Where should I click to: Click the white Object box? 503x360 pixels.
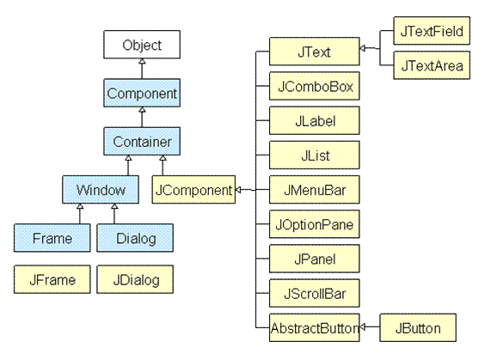click(x=142, y=45)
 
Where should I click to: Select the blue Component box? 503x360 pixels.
click(x=142, y=93)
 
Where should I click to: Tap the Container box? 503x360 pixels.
click(x=142, y=142)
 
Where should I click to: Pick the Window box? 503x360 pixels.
click(x=101, y=190)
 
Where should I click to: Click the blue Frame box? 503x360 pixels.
click(x=52, y=238)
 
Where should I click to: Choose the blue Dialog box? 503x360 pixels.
click(x=135, y=238)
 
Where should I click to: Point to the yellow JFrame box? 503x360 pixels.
click(x=52, y=279)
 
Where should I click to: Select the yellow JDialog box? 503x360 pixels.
click(x=135, y=279)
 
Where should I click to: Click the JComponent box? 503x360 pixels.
click(x=193, y=190)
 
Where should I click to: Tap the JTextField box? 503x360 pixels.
click(x=432, y=31)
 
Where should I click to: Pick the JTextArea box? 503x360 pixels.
click(x=432, y=65)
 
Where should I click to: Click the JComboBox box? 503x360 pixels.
click(x=315, y=86)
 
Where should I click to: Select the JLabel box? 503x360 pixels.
click(x=315, y=120)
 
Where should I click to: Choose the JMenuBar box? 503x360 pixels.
click(x=315, y=190)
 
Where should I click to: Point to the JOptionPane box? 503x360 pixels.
click(x=315, y=224)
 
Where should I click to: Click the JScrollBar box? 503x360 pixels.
click(x=315, y=293)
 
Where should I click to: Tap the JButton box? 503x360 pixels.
click(x=418, y=327)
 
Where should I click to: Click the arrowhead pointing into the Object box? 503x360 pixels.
click(x=142, y=61)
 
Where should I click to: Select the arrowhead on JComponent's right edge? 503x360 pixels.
click(x=238, y=190)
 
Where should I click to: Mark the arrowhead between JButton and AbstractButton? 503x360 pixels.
click(x=363, y=327)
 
